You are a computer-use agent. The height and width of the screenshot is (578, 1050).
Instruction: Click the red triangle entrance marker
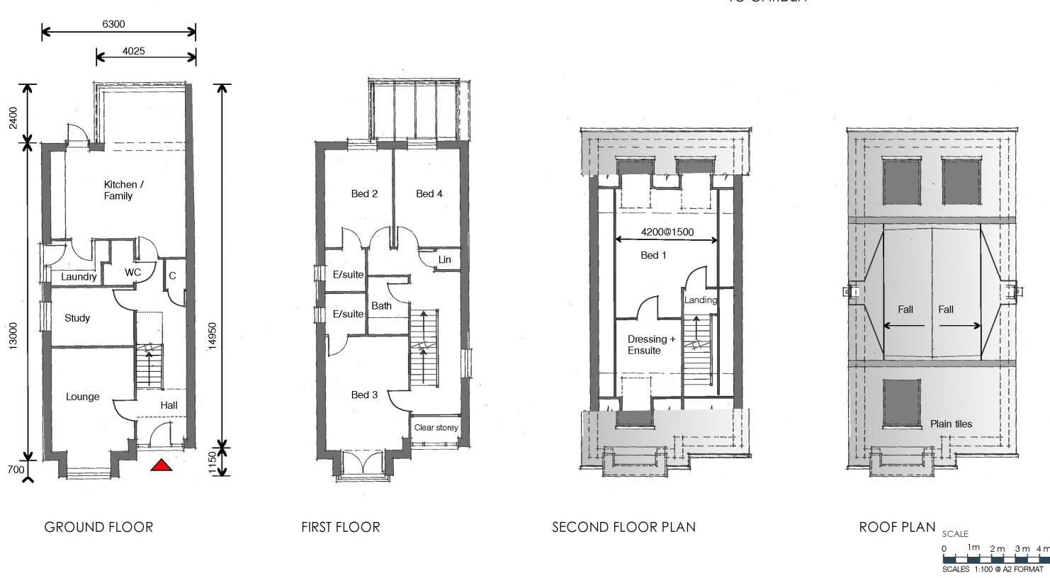162,465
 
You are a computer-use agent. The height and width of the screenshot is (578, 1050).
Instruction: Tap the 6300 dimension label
113,24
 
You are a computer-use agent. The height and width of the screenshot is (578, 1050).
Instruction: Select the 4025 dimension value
133,51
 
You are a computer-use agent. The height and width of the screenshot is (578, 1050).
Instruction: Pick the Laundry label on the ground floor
79,277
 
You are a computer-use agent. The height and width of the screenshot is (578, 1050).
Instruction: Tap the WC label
132,273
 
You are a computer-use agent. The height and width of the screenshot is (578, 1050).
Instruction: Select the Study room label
77,318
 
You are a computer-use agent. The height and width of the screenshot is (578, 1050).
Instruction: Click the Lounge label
83,397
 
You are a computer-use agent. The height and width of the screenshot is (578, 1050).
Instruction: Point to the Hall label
169,405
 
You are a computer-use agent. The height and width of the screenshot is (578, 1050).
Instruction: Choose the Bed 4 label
429,193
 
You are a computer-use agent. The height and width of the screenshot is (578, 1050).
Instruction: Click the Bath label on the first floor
381,306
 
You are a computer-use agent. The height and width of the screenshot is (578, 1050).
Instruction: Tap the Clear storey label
436,427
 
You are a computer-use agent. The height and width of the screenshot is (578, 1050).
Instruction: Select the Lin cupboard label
444,260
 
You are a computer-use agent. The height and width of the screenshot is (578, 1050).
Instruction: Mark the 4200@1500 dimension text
667,232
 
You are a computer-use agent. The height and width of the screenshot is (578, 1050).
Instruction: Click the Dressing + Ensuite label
652,345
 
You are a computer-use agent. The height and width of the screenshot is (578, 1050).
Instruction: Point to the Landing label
701,300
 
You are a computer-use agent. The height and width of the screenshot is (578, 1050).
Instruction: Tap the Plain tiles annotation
951,424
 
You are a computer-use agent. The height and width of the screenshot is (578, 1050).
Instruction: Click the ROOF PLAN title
898,527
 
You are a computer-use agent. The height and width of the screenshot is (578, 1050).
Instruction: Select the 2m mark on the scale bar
998,548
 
